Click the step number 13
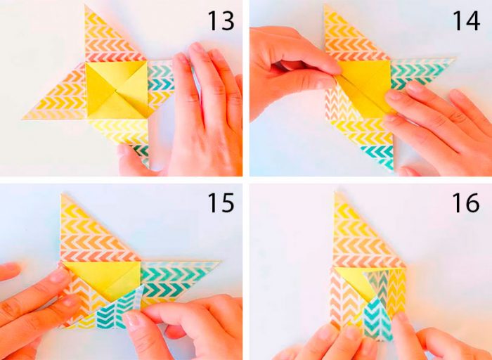221,21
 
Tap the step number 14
466,21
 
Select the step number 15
221,202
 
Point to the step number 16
466,202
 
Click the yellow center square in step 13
116,90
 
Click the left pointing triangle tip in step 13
23,119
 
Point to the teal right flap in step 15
176,276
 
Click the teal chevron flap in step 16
378,317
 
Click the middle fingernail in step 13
198,49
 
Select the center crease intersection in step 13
117,91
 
